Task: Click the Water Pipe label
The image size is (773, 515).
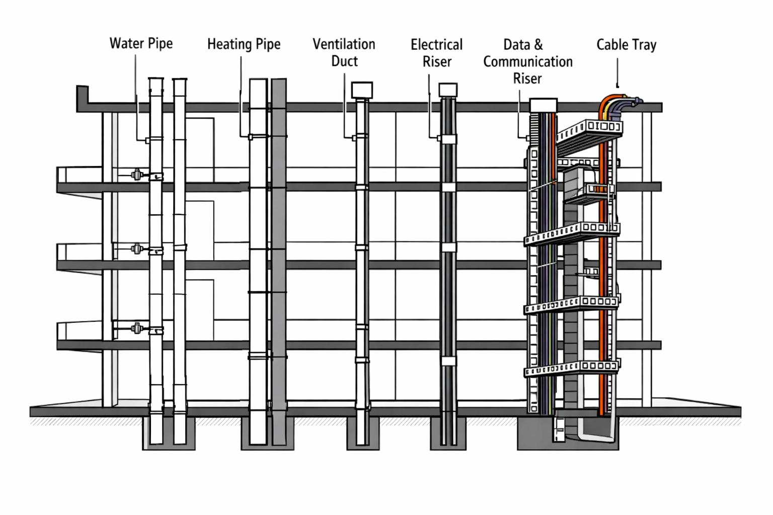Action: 141,44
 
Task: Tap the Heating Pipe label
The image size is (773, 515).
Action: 244,44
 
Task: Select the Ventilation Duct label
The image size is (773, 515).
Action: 344,52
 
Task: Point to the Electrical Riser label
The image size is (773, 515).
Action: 436,53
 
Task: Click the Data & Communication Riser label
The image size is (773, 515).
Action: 527,61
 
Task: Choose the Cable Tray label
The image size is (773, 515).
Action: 626,45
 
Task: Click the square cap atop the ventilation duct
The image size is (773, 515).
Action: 361,90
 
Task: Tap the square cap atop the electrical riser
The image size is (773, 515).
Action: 448,90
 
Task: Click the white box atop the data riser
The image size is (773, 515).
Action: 544,105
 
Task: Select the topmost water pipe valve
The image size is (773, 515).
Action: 136,175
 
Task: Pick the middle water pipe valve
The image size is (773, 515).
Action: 136,248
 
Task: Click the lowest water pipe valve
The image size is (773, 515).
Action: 136,329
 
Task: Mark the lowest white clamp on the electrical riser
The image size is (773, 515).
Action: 448,361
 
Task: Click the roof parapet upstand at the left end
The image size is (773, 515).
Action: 82,97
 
